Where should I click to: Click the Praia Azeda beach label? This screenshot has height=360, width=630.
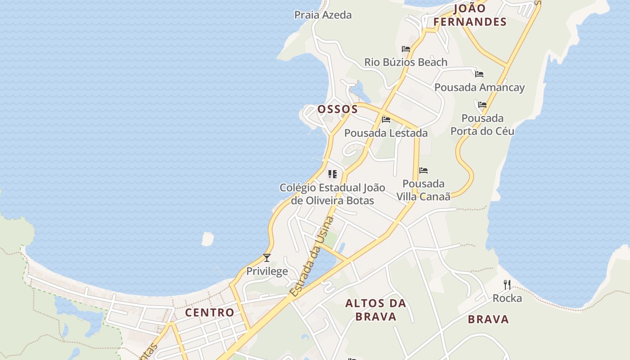pos(323,15)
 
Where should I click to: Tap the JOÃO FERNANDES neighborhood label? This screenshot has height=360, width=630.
pos(470,15)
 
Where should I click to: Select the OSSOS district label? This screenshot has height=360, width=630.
pos(337,109)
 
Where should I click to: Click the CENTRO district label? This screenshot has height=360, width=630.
pos(210,312)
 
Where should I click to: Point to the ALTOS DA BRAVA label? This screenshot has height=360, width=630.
pos(376,310)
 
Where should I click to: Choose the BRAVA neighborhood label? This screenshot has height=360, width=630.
pos(488,319)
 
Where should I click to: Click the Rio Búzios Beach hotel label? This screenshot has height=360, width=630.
pos(405,62)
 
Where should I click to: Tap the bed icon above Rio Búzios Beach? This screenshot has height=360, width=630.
pos(406,49)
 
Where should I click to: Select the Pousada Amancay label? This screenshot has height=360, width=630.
pos(479,87)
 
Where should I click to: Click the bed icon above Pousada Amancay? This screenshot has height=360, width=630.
pos(479,74)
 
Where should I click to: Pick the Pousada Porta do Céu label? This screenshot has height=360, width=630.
pos(482,125)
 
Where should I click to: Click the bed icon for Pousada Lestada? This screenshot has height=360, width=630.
pos(386,120)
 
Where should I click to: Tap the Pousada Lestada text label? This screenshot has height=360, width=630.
pos(386,133)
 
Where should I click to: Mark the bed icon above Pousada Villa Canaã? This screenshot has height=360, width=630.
pos(423,171)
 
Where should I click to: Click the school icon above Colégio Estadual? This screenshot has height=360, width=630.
pos(333,174)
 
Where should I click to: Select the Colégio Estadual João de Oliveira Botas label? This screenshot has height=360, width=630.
pos(332,194)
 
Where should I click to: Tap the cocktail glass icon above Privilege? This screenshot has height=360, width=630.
pos(267,258)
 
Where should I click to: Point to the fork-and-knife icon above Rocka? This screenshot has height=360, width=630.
pos(507,285)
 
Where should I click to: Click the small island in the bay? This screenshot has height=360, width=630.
pos(207,238)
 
